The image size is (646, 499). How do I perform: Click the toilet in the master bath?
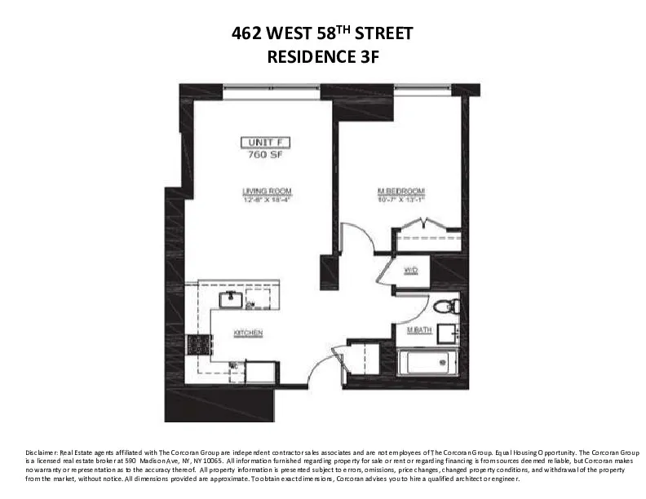(x=446, y=307)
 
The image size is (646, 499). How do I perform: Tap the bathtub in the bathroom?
(x=427, y=361)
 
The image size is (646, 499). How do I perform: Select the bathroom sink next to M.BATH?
(x=446, y=334)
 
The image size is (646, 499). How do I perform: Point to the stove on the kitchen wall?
(x=197, y=344)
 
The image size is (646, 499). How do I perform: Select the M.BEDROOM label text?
(x=400, y=192)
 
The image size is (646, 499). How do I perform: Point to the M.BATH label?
(x=419, y=329)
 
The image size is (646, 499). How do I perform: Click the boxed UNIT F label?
(x=266, y=142)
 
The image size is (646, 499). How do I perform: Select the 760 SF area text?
(x=266, y=153)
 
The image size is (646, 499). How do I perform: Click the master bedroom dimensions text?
(x=400, y=200)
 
